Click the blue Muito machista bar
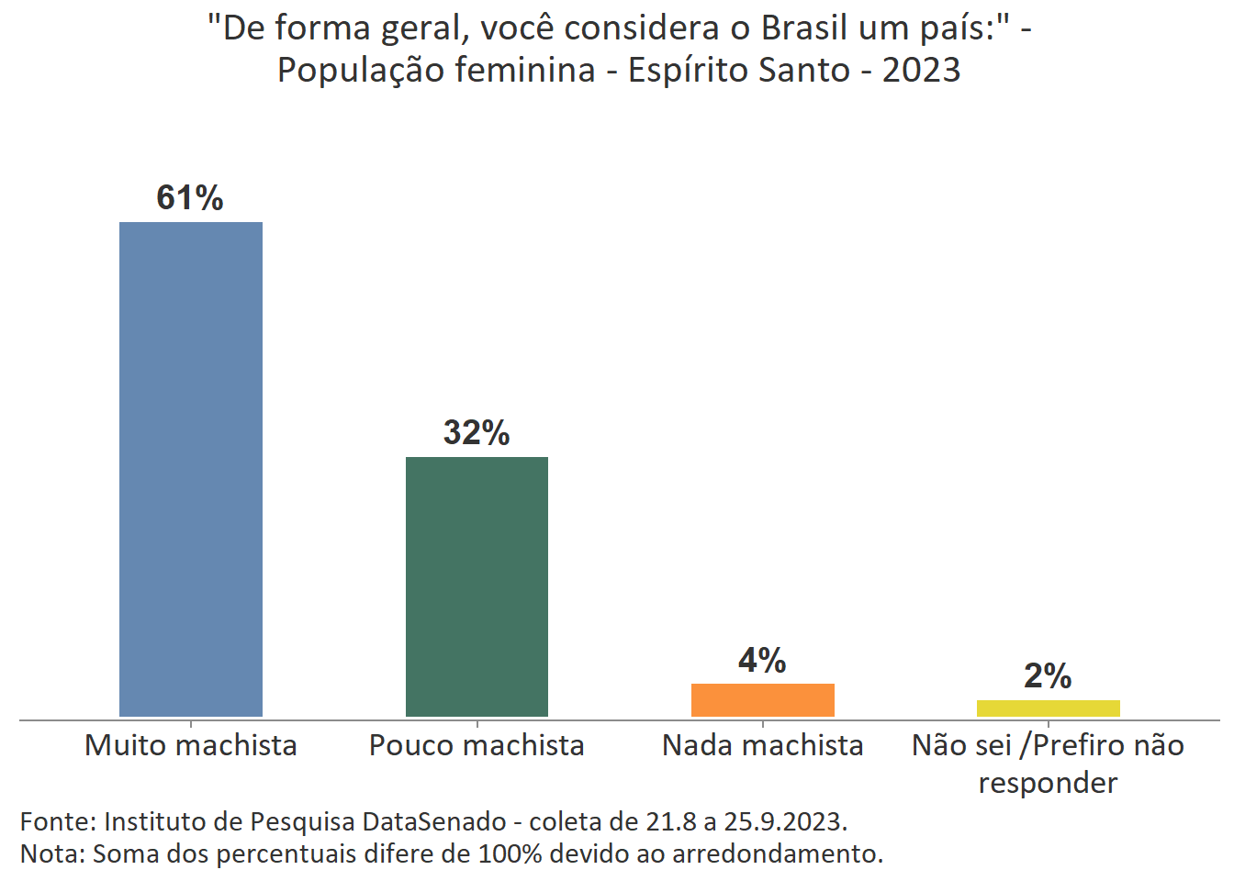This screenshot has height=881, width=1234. (191, 469)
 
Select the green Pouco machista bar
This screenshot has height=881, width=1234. (477, 586)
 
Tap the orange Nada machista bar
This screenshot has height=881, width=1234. (762, 699)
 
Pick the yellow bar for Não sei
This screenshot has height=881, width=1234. (1048, 708)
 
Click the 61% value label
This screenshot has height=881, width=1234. (190, 198)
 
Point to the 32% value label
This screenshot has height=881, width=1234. (477, 433)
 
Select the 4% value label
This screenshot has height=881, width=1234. (762, 661)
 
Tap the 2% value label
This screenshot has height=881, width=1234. (1048, 676)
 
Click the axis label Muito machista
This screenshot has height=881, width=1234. (191, 745)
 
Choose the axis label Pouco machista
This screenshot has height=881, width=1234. (477, 745)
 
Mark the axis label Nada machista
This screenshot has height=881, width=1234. (762, 745)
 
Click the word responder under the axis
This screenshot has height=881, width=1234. (1048, 783)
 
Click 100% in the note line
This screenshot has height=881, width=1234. (520, 854)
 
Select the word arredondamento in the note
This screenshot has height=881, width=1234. (777, 854)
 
